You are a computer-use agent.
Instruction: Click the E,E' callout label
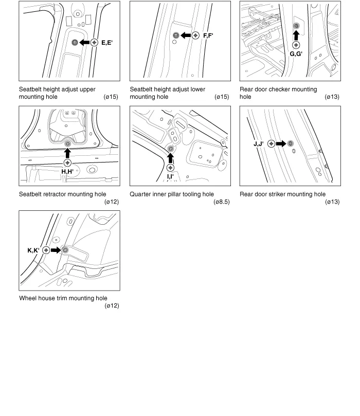click(107, 43)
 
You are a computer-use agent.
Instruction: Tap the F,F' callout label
click(208, 35)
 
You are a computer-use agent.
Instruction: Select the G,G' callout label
click(296, 54)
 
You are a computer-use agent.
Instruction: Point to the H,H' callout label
click(67, 172)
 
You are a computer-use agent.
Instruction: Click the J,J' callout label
click(258, 144)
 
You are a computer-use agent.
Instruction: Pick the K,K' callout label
click(33, 250)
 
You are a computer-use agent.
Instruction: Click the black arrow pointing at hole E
click(84, 43)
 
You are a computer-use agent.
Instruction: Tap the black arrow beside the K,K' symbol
click(56, 250)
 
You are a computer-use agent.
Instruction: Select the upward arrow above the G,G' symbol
click(296, 35)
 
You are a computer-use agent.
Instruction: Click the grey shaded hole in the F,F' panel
click(175, 35)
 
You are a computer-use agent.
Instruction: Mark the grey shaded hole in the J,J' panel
click(291, 143)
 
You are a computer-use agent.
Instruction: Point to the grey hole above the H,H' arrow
click(68, 143)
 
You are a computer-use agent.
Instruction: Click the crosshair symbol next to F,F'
click(195, 35)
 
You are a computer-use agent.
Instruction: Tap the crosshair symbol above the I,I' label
click(170, 168)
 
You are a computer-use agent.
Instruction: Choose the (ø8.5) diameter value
click(222, 202)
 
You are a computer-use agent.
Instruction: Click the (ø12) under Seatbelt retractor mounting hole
click(112, 202)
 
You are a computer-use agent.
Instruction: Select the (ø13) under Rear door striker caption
click(332, 202)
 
